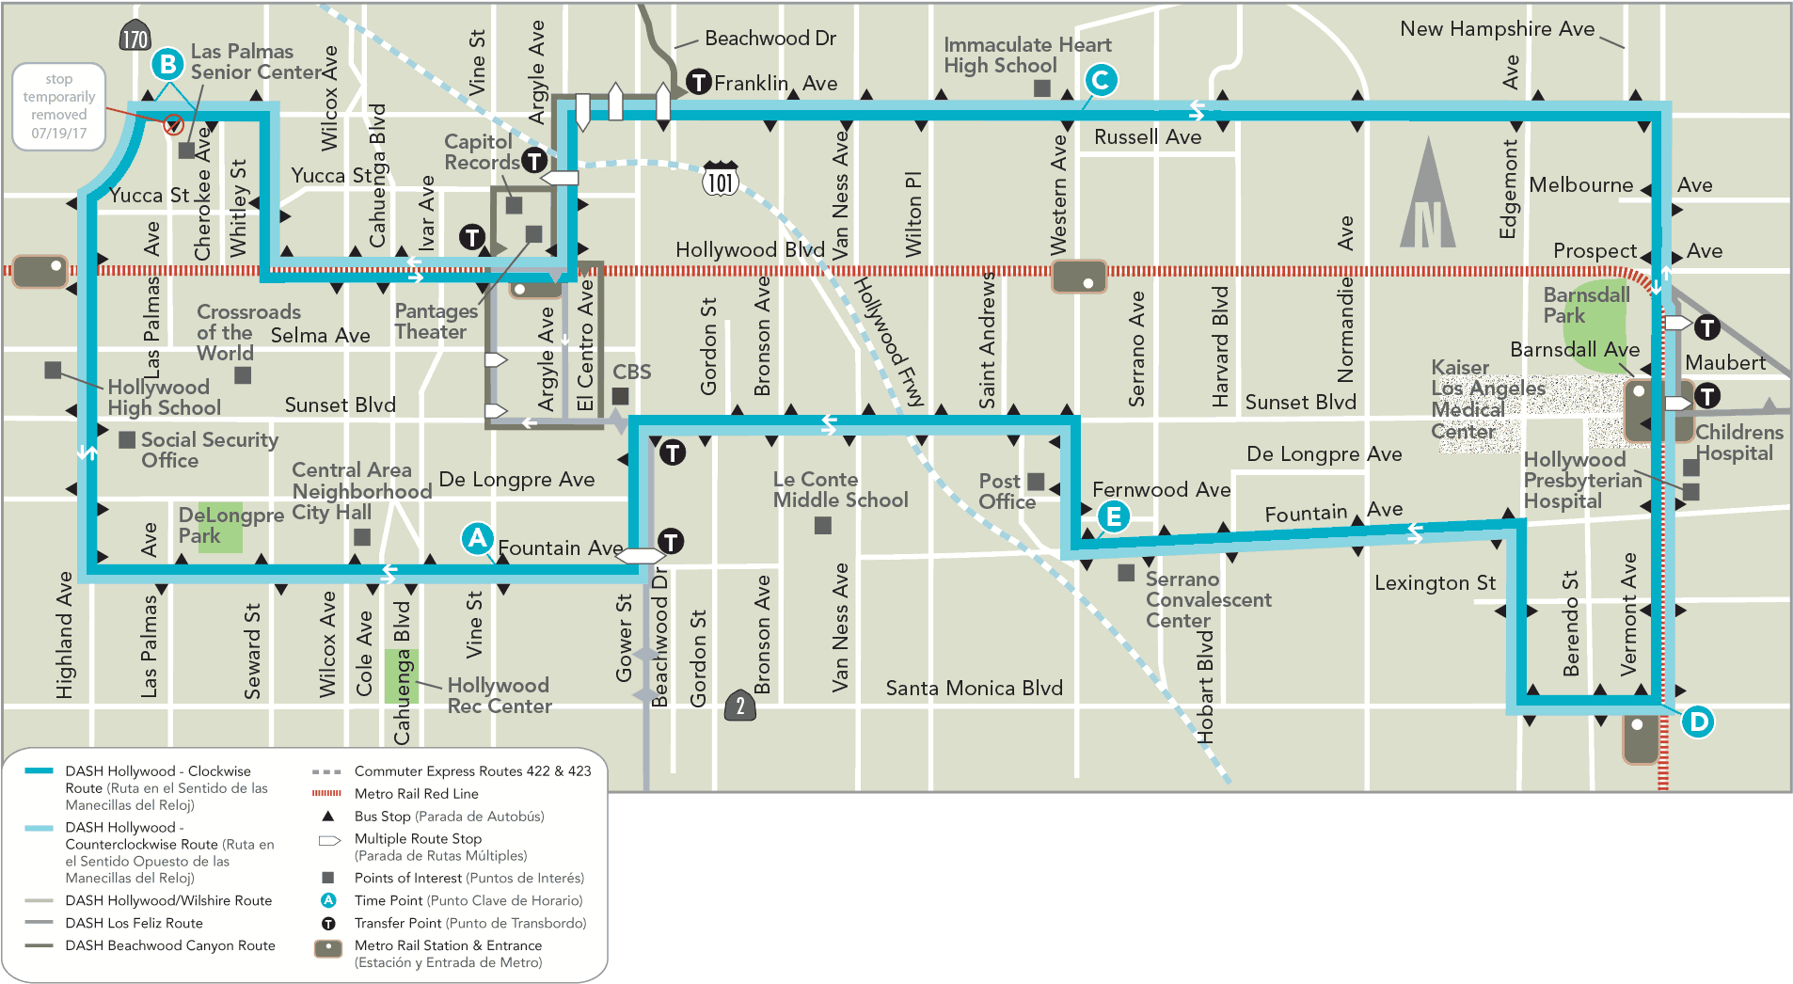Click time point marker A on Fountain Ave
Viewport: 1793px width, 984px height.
click(x=477, y=538)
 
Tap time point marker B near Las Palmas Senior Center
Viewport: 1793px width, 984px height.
click(x=167, y=64)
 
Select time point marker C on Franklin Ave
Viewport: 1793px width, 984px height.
click(x=1101, y=80)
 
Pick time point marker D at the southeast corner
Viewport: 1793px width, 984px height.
click(x=1697, y=722)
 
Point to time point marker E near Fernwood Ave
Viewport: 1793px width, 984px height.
click(x=1113, y=516)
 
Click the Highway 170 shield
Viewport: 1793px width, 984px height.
click(x=135, y=37)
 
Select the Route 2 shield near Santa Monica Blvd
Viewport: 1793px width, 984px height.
click(x=740, y=706)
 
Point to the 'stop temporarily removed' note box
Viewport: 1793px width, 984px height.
click(x=58, y=106)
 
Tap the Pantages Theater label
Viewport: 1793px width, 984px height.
click(x=435, y=321)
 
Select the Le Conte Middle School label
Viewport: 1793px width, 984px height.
click(x=840, y=490)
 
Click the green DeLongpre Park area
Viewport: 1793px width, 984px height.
click(x=219, y=527)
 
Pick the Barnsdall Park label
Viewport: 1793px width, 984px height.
click(x=1585, y=305)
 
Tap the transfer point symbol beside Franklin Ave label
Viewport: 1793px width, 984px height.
click(x=698, y=83)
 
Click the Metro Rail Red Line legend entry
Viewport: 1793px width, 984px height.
click(x=416, y=794)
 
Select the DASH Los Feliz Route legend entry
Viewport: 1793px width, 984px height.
click(x=134, y=923)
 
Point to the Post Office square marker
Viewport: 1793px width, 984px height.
click(x=1036, y=482)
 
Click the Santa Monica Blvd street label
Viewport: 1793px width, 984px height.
click(x=974, y=689)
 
